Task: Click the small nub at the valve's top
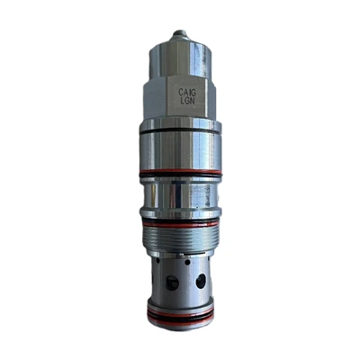[x=179, y=32]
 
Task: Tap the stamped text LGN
[x=187, y=101]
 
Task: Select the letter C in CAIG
[x=181, y=92]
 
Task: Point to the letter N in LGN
[x=192, y=101]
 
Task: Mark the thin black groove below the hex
[x=180, y=131]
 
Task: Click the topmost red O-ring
[x=180, y=173]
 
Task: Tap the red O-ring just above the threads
[x=180, y=224]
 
